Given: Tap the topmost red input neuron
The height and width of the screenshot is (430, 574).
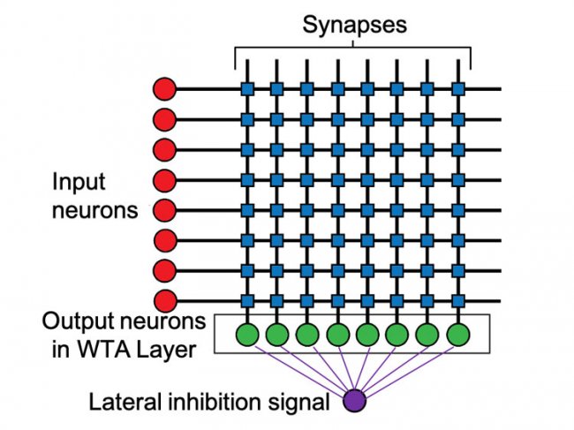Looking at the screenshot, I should click(x=164, y=88).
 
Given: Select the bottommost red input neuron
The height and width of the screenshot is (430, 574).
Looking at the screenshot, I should click(x=164, y=299).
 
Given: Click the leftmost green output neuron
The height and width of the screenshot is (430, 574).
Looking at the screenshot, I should click(x=248, y=335).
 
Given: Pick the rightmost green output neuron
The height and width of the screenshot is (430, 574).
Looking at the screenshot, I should click(x=457, y=335).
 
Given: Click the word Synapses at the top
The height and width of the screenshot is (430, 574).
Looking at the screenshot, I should click(x=355, y=24).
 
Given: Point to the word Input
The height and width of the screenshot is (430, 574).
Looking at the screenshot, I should click(x=78, y=182).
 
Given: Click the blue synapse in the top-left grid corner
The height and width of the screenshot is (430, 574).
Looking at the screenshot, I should click(x=248, y=88).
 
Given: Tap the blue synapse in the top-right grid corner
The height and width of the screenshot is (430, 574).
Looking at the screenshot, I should click(x=457, y=88).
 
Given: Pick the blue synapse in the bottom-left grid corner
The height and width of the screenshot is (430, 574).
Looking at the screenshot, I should click(x=248, y=299).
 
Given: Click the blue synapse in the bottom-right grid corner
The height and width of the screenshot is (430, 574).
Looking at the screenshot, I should click(x=457, y=299).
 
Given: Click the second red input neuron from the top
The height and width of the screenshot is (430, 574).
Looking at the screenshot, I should click(x=164, y=118).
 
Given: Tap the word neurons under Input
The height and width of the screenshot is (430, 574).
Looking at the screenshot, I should click(x=94, y=211).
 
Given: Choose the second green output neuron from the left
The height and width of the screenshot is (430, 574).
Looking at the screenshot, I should click(x=278, y=335).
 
